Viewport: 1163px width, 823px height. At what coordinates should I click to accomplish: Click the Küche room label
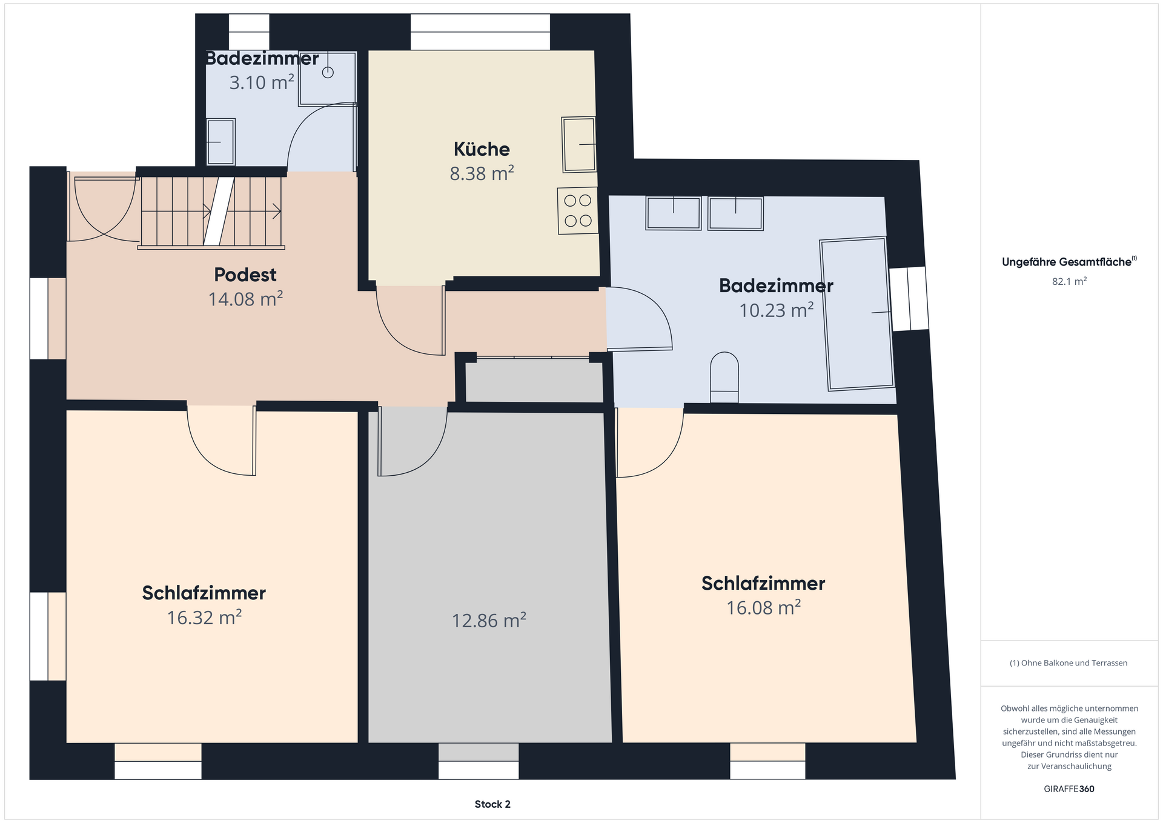(x=482, y=148)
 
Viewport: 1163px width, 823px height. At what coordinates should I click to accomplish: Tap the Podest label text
(x=245, y=275)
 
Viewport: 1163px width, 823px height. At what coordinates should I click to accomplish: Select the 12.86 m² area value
(x=489, y=621)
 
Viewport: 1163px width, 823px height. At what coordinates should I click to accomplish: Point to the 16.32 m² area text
(x=204, y=618)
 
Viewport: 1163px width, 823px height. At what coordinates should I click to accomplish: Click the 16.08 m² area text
(x=763, y=607)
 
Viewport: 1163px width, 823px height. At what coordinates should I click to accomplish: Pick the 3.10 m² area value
(x=262, y=82)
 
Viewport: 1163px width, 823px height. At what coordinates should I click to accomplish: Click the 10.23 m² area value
(x=777, y=310)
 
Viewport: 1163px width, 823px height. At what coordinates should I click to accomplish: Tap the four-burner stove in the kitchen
(x=578, y=211)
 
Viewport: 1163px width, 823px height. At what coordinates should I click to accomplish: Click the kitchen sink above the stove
(x=579, y=144)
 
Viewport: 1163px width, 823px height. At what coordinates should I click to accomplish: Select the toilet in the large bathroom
(x=724, y=378)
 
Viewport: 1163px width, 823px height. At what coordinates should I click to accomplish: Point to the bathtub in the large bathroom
(x=857, y=314)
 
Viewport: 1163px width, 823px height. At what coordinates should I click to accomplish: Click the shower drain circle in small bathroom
(x=328, y=73)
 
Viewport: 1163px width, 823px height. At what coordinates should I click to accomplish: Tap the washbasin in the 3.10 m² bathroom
(x=220, y=142)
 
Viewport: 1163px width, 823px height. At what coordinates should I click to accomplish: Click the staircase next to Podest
(x=211, y=212)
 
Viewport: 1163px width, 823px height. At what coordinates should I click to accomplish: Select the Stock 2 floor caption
(x=492, y=804)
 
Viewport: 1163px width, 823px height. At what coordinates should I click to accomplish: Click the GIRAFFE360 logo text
(x=1069, y=789)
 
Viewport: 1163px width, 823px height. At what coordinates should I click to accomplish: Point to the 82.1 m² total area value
(x=1069, y=281)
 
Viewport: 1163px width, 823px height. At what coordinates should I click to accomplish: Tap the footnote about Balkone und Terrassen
(x=1069, y=663)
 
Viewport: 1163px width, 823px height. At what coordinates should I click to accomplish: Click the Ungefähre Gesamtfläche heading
(x=1069, y=262)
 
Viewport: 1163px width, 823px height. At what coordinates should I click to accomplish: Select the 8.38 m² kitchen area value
(x=482, y=173)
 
